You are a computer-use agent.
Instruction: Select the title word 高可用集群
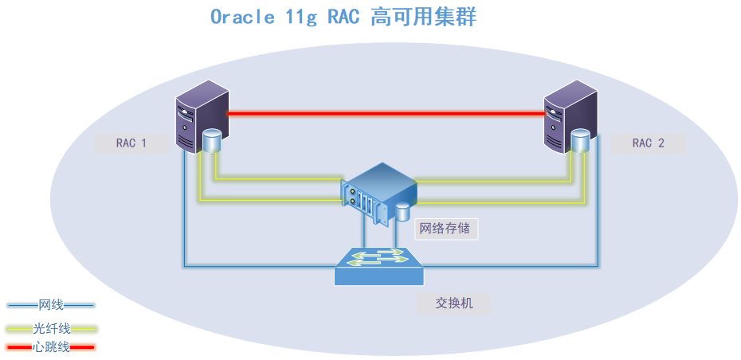pos(423,18)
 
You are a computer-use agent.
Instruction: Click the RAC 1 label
pos(131,144)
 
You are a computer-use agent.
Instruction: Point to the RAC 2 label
pos(648,144)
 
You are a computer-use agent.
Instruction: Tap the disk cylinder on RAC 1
pos(212,141)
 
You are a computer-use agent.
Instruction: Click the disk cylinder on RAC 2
pos(580,141)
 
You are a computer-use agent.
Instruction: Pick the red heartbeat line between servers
pos(386,114)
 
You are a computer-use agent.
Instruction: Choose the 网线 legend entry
pos(50,305)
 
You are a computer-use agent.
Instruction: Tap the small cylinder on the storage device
pos(403,211)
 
